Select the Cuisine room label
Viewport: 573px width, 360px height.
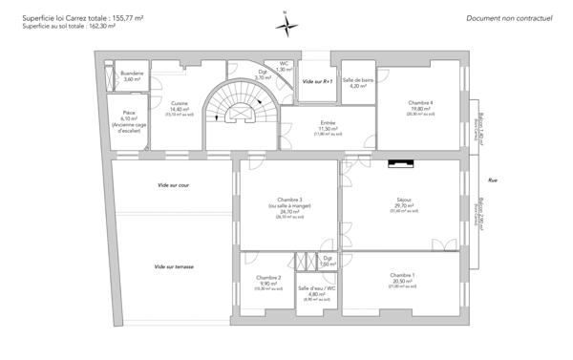[180, 107]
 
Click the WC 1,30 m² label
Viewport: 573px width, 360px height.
[284, 66]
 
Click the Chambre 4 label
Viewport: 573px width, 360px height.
[420, 105]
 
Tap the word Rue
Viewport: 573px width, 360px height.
[492, 180]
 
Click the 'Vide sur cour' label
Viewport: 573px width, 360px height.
[174, 184]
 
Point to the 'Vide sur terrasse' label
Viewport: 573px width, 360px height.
[174, 266]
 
